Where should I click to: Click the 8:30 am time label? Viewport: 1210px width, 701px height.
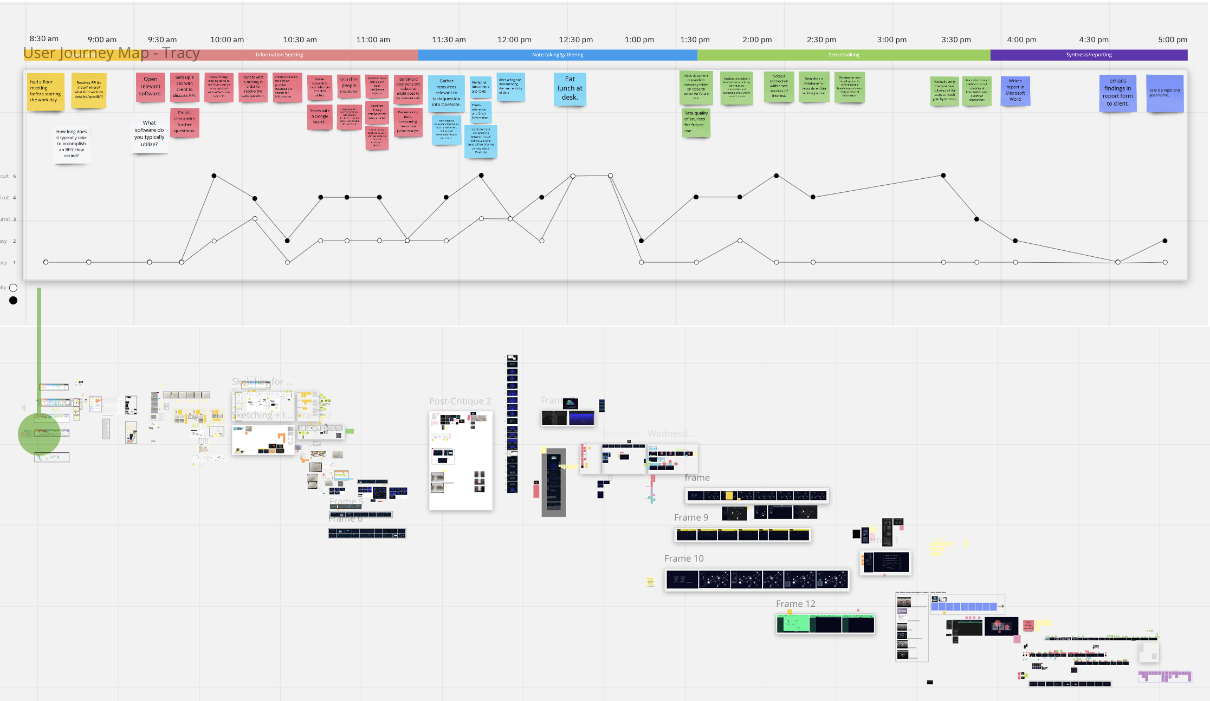tap(44, 38)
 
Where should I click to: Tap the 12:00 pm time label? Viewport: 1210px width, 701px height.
tap(514, 40)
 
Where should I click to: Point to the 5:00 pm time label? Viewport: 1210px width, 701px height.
tap(1173, 40)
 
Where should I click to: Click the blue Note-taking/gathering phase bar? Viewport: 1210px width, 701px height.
tap(558, 55)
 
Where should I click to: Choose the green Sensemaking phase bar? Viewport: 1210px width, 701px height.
tap(844, 55)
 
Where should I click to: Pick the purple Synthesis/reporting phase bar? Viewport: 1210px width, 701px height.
tap(1089, 55)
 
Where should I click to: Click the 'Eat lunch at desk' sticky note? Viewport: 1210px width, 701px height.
tap(570, 89)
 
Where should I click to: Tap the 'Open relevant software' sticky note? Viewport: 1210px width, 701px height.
tap(151, 87)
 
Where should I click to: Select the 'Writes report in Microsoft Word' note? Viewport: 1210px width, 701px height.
tap(1015, 90)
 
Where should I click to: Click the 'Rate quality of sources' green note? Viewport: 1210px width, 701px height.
tap(696, 122)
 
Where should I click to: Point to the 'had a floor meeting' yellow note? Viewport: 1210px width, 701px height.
tap(46, 92)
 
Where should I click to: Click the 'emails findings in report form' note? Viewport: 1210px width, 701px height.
tap(1117, 93)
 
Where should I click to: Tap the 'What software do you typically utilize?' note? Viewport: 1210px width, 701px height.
tap(149, 134)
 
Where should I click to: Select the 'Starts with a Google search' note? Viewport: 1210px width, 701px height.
tap(320, 117)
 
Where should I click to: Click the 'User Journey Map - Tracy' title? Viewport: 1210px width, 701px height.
tap(112, 53)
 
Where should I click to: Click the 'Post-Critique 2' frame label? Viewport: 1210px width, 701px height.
tap(460, 401)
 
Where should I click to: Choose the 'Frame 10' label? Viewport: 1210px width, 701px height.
tap(684, 559)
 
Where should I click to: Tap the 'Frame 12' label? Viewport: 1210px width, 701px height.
tap(795, 604)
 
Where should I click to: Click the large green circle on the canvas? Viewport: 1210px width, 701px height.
tap(39, 434)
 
